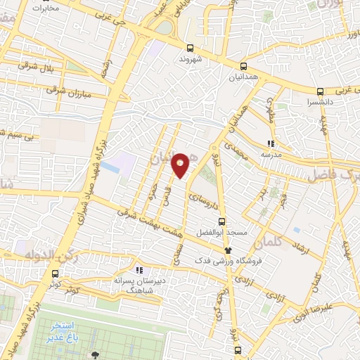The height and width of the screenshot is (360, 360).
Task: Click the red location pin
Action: [181, 165]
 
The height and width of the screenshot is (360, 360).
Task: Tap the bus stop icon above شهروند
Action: [190, 48]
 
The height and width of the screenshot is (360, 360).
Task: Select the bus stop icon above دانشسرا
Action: [321, 91]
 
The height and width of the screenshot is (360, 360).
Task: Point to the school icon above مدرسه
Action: [271, 143]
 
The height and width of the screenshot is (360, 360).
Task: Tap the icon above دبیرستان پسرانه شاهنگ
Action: [139, 269]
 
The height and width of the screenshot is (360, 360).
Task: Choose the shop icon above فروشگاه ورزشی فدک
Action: [227, 250]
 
